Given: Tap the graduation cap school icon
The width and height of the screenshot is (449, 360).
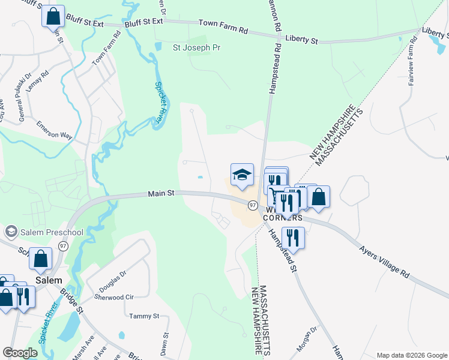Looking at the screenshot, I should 242,175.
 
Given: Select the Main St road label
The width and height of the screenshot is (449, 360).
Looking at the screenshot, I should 160,193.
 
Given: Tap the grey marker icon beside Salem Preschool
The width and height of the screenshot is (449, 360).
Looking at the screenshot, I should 11,232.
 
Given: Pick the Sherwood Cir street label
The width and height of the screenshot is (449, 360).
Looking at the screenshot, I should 113,297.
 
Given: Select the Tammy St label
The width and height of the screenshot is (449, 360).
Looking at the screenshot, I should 144,316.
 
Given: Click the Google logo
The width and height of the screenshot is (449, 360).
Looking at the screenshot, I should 20,352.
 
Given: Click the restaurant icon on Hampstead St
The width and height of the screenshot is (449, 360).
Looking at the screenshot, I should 293,238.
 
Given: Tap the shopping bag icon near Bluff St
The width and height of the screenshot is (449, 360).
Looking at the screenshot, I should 53,16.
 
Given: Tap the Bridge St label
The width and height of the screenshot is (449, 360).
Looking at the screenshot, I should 71,302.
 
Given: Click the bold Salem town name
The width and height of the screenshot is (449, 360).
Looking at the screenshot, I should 48,280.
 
